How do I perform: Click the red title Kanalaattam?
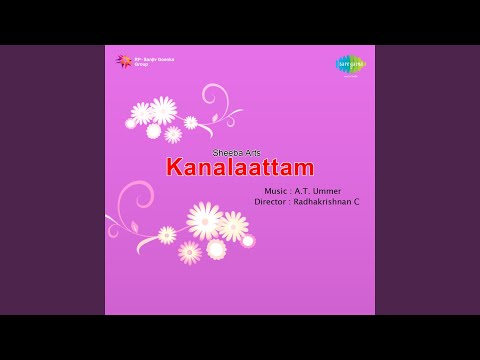[240, 167]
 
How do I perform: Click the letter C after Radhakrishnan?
[356, 202]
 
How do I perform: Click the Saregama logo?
[350, 65]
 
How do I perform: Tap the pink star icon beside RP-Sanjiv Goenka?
[125, 60]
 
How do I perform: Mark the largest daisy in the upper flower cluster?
[162, 110]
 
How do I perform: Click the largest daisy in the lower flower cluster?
[205, 220]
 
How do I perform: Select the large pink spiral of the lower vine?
[132, 200]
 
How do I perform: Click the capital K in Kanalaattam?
[175, 167]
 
